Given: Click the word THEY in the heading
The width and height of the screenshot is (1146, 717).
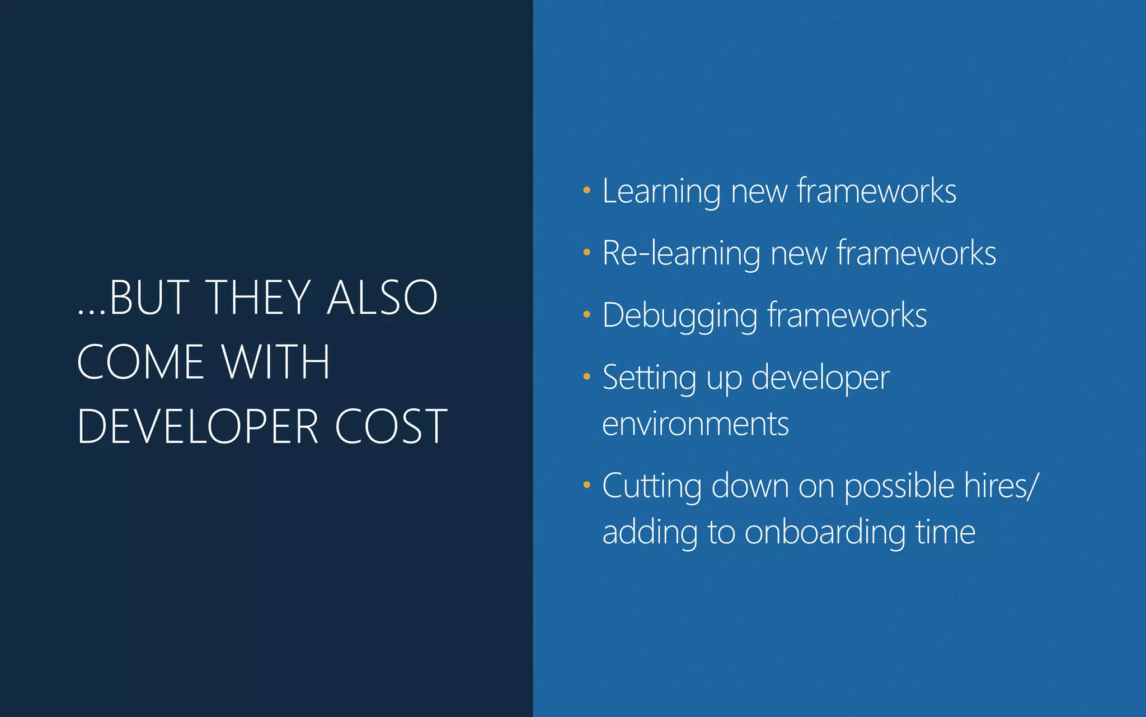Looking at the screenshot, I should [259, 297].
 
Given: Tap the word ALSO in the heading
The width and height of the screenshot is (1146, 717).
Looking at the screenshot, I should [382, 297].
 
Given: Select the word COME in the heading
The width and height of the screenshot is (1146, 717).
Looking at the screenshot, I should [140, 362].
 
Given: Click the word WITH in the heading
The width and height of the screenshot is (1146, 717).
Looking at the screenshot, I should [275, 362].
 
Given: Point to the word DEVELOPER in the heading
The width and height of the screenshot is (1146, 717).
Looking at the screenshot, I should [198, 427].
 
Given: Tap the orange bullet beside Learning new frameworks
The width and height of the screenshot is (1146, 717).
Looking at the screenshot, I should [586, 190].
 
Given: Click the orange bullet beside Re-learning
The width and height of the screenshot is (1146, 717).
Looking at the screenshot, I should [586, 253].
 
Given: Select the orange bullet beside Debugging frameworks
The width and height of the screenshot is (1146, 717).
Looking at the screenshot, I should [586, 315].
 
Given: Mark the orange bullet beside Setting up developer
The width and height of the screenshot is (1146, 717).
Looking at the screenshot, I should [586, 377].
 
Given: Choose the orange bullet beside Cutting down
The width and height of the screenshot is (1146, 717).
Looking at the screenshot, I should [586, 485].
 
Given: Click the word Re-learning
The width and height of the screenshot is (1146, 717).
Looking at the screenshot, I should [680, 254].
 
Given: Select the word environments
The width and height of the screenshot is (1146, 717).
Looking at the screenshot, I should [696, 424].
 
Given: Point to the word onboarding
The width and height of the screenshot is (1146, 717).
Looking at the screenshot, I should [825, 532].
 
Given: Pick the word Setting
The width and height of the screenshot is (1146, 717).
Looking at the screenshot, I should [649, 379].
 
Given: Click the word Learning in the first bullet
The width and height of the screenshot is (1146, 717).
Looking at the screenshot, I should [661, 192].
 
